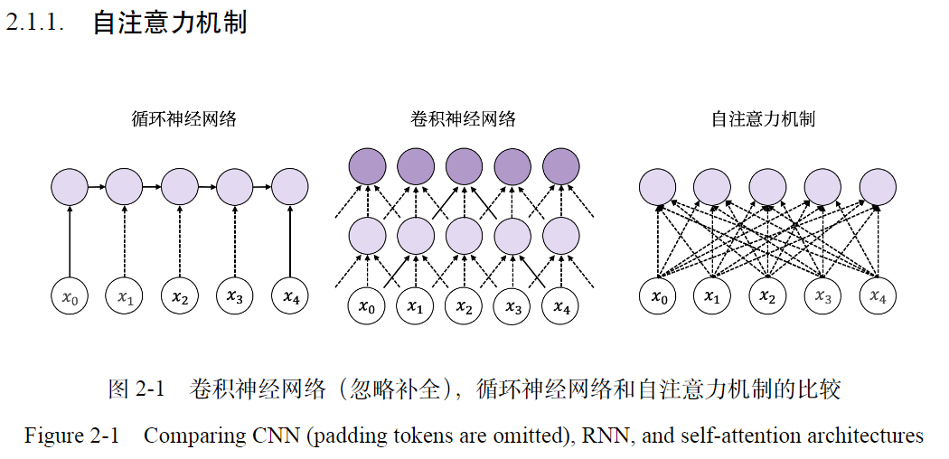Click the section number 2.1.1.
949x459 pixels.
pos(35,23)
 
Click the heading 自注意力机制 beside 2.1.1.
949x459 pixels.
pos(170,23)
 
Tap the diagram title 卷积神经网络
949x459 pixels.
pos(464,118)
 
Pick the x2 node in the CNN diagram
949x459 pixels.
pos(464,306)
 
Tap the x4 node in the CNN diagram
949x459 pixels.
pos(561,306)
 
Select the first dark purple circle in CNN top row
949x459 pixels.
pos(366,166)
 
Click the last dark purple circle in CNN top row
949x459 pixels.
pos(561,166)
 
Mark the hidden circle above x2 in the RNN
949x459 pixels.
pos(180,187)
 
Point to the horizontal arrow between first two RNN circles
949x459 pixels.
pos(98,187)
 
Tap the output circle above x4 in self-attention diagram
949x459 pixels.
pos(878,187)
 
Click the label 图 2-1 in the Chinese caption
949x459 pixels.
pos(136,389)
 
